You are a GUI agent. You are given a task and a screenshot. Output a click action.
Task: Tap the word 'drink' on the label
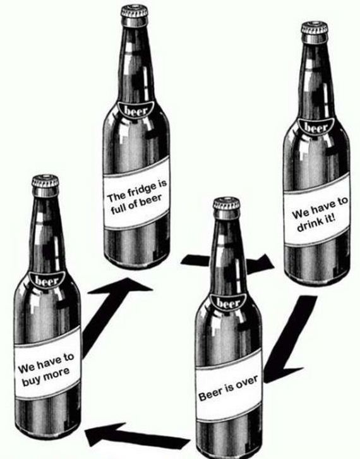point(306,225)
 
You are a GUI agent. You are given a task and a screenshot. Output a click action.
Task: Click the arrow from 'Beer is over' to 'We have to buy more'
point(138,435)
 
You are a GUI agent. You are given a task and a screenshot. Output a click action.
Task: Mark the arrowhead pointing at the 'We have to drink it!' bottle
point(261,264)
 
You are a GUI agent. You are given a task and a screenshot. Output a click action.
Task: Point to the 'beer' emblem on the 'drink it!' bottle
point(316,127)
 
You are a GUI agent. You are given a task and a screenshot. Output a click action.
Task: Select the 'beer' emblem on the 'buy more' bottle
point(47,281)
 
